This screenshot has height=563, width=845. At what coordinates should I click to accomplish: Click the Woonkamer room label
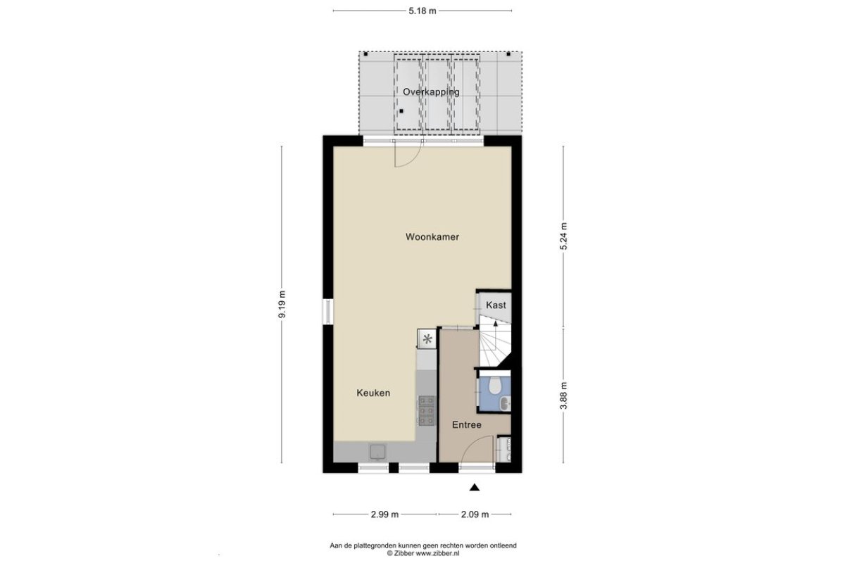tap(432, 237)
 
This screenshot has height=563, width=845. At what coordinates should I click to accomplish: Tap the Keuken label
tap(373, 393)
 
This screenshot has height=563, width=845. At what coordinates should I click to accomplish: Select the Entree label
tap(467, 424)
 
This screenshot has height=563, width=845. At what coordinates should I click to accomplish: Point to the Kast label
tap(496, 305)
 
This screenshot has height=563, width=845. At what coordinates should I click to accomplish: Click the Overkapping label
tap(431, 92)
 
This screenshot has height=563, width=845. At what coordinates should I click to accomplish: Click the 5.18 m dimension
tap(423, 11)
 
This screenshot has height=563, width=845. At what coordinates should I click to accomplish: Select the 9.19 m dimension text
tap(282, 304)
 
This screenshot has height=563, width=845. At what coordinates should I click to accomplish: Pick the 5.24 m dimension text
tap(563, 236)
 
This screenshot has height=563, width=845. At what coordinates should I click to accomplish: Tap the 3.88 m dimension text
tap(563, 396)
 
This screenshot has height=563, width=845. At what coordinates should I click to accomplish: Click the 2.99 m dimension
tap(384, 514)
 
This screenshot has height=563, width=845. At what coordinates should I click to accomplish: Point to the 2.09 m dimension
tap(475, 514)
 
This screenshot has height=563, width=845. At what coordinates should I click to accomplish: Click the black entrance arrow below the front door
tap(475, 488)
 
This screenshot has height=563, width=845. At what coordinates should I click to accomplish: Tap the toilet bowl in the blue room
tap(494, 385)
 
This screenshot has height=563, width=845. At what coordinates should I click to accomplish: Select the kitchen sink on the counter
tap(377, 452)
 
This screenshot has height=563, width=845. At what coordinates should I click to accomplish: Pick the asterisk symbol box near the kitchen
tap(427, 339)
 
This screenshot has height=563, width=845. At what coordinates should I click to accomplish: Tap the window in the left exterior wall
tap(328, 312)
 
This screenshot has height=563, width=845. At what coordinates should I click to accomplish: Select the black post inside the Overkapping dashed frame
tap(401, 111)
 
